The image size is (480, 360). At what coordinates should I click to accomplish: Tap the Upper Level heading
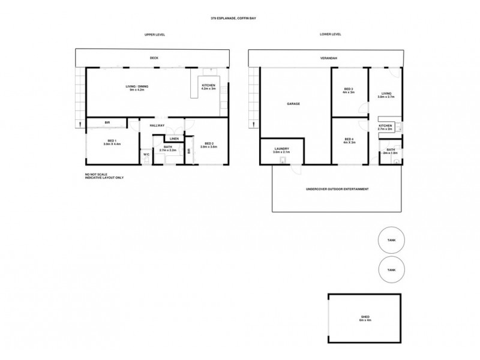click(155, 35)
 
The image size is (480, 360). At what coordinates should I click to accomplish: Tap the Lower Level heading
click(331, 35)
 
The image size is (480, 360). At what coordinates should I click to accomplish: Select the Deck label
click(154, 58)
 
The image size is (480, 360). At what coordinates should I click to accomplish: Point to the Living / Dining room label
click(137, 88)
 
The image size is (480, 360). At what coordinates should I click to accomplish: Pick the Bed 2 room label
click(209, 145)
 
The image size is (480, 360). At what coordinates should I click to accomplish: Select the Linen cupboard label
click(173, 139)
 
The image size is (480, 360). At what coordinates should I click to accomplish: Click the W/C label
click(146, 155)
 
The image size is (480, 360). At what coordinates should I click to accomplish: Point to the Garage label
click(293, 104)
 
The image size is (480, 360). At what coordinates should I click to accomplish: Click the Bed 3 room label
click(349, 91)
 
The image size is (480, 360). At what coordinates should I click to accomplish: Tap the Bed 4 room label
click(349, 141)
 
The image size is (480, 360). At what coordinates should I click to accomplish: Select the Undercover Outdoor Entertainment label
click(337, 189)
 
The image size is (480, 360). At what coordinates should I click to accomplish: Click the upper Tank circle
click(391, 240)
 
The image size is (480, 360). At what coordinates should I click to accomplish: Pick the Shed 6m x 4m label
click(365, 319)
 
